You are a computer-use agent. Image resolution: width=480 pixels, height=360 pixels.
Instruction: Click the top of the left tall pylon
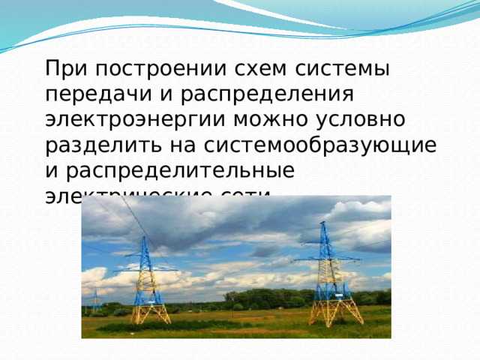[144, 239]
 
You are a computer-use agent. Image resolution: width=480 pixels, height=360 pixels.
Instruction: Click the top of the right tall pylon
[325, 224]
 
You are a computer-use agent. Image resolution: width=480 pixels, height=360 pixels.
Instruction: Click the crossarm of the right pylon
[326, 259]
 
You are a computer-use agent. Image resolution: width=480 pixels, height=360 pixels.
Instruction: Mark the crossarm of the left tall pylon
[145, 268]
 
